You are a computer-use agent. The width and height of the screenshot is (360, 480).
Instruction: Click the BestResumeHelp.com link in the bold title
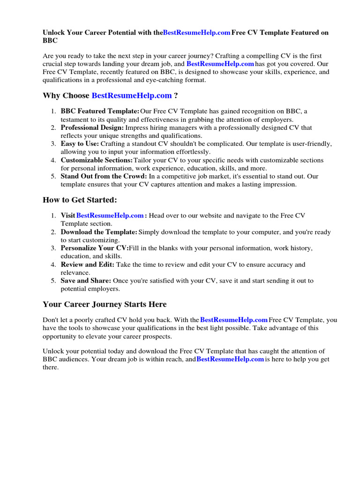tap(196, 33)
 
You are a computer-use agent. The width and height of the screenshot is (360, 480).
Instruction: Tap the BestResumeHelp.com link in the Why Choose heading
tap(132, 96)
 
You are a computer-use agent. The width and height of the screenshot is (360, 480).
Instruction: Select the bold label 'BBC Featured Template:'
tap(100, 111)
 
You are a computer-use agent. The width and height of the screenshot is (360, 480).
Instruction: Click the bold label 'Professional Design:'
tap(92, 127)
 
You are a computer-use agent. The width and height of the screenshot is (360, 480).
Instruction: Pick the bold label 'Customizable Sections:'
tap(97, 160)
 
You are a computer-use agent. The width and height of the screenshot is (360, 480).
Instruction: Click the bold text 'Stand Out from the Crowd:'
tap(104, 177)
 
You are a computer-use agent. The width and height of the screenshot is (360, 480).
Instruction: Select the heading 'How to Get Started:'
tap(80, 200)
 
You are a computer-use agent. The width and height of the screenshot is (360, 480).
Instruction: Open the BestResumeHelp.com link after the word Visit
tap(110, 216)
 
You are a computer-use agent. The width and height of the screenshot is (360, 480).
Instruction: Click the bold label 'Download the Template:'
tap(99, 232)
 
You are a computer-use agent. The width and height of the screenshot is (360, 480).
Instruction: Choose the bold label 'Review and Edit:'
tap(87, 264)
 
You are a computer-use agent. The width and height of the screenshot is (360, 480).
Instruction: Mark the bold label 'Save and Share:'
tap(86, 281)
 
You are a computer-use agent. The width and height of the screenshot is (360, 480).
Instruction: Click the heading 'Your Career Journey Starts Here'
tap(105, 304)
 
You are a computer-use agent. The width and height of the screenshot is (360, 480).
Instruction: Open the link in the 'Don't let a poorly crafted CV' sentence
tap(233, 320)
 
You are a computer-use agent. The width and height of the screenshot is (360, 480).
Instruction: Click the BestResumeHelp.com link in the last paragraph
tap(230, 360)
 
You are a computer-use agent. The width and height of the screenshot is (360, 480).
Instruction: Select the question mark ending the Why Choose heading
tap(176, 96)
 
